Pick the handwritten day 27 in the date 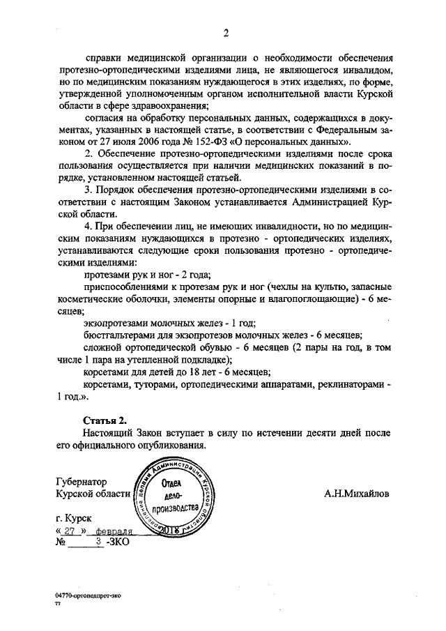click(x=71, y=531)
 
